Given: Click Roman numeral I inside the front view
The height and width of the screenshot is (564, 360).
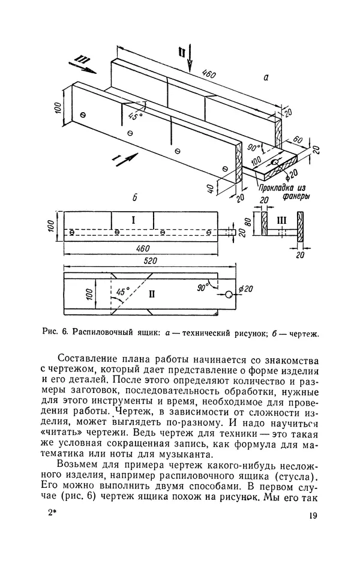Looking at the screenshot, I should [x=134, y=220].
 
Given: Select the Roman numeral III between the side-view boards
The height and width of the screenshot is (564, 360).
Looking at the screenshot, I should [x=281, y=220].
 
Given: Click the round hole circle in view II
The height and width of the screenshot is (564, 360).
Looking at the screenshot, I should [x=230, y=295].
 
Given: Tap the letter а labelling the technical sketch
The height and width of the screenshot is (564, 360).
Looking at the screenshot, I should [x=265, y=77].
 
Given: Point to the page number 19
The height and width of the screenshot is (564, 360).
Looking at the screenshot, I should [x=314, y=516].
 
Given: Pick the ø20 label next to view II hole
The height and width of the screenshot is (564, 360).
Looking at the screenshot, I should [x=245, y=289].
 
